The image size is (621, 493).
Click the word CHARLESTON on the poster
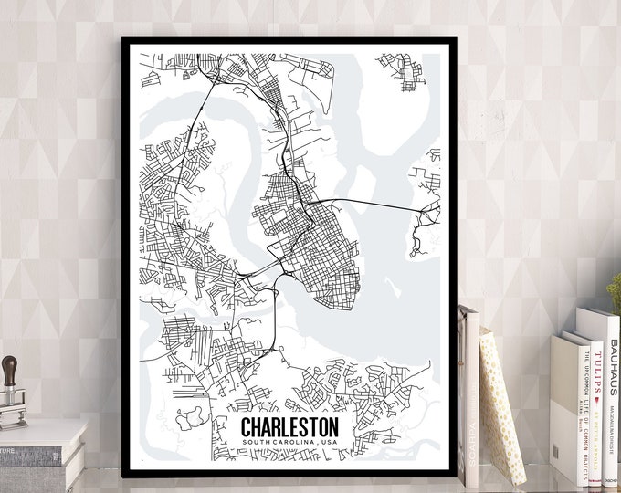click(x=289, y=426)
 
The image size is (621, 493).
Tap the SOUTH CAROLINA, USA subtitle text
click(x=289, y=443)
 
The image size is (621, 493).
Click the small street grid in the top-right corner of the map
click(x=403, y=70)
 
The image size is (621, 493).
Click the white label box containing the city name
click(x=289, y=433)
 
